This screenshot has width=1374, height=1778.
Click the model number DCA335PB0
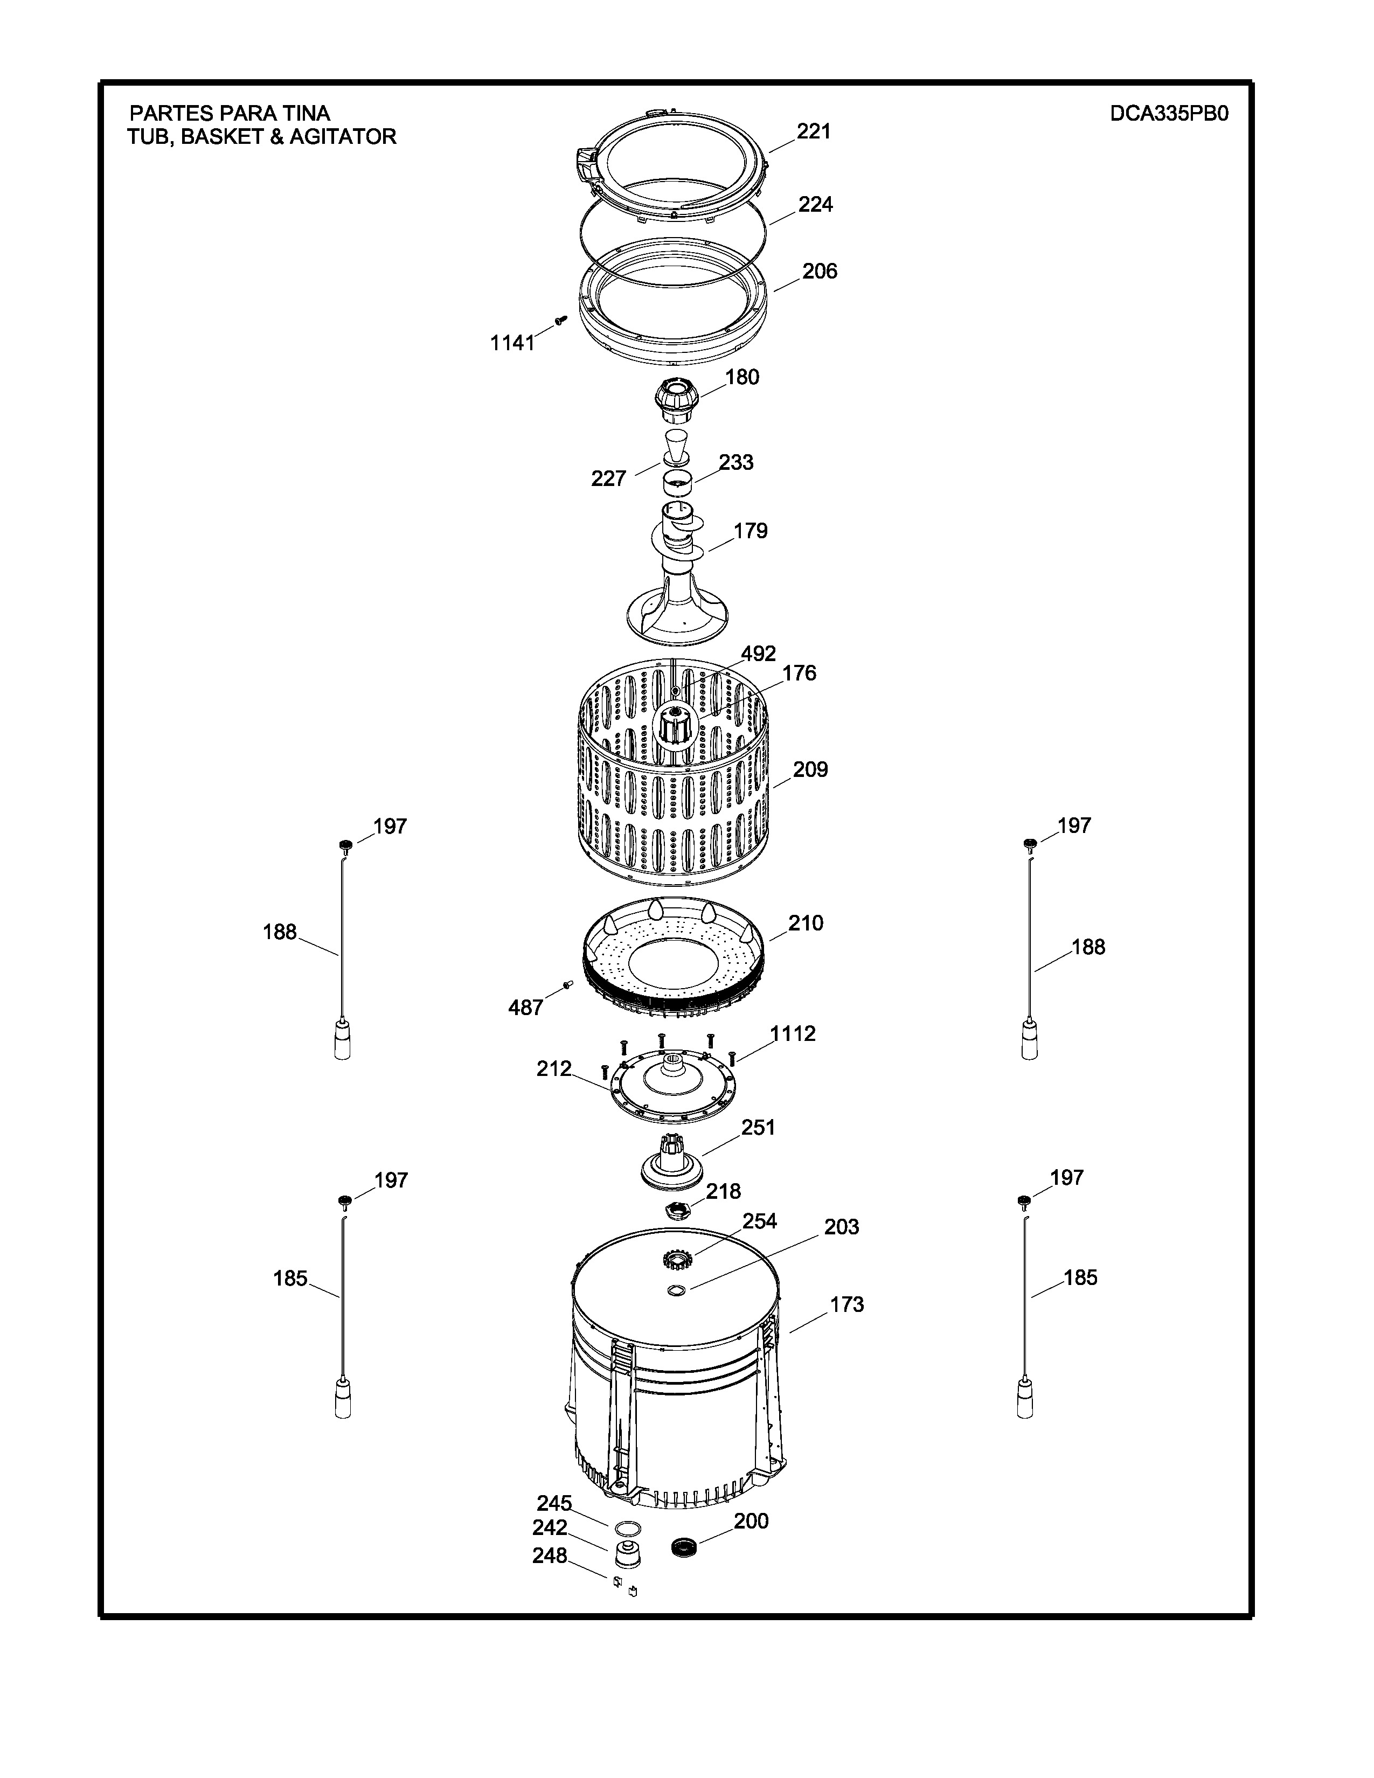point(1169,113)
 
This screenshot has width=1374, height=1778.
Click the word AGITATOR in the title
point(343,137)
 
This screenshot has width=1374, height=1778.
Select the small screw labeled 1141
point(560,320)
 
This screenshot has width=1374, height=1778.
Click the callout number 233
point(736,462)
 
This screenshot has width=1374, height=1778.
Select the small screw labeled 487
point(567,986)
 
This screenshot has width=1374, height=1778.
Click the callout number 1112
point(793,1034)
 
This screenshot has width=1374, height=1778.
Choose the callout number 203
point(841,1227)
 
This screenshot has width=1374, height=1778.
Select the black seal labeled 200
point(685,1547)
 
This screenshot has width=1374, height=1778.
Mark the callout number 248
point(550,1556)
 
